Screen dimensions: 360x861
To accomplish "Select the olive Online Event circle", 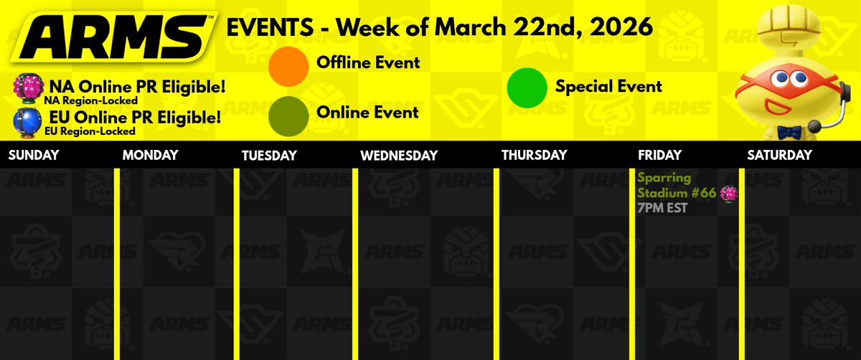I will tap(288, 113).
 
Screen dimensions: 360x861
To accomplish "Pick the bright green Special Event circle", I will tap(527, 87).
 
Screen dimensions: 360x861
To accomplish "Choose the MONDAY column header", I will tap(149, 155).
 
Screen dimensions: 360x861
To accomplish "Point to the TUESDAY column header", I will tap(269, 155).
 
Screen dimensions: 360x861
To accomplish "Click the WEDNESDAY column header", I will tap(399, 155).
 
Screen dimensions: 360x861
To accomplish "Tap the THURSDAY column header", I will tap(534, 155).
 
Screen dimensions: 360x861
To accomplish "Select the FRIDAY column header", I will tap(659, 155).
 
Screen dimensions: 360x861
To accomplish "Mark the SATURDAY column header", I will tap(779, 155).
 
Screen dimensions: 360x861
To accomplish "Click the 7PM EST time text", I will tap(662, 208).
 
